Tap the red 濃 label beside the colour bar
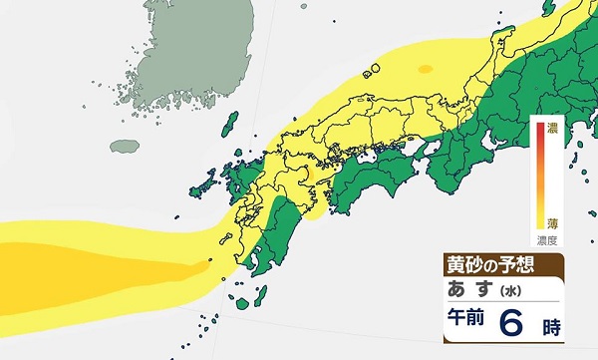click(548, 129)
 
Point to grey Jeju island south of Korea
click(124, 147)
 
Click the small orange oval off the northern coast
click(426, 69)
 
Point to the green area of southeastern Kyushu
click(279, 224)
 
